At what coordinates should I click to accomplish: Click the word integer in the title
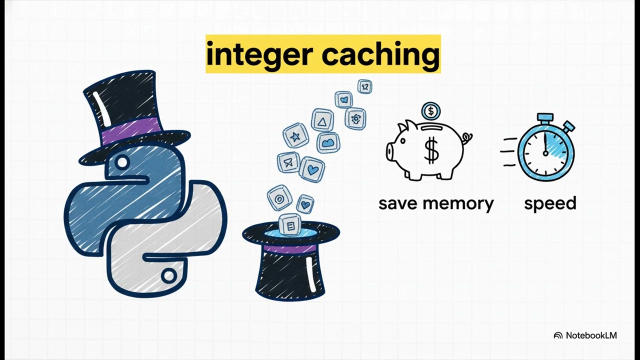(258, 54)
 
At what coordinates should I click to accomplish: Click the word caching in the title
(381, 54)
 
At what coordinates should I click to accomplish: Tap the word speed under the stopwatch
(550, 204)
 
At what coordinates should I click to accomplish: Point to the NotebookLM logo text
(591, 335)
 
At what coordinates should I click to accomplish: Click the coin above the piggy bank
(431, 111)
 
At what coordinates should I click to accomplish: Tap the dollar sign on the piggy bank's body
(431, 150)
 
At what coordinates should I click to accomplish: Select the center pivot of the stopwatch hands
(545, 153)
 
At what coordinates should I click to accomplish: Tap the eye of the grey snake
(168, 276)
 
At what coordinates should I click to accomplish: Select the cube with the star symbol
(295, 135)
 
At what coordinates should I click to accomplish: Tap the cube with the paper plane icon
(288, 162)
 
